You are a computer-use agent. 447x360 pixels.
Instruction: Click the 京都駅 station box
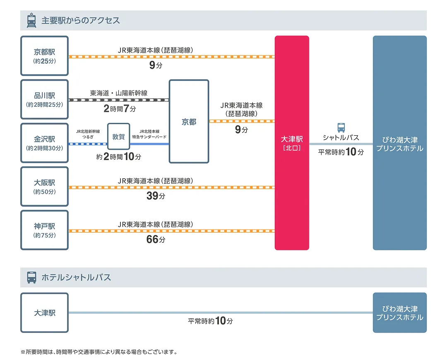pos(44,56)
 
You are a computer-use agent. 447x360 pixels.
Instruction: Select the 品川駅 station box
pos(44,99)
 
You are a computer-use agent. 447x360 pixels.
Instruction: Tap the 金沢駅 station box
pos(44,143)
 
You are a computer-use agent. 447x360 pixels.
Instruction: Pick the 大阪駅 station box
pos(44,187)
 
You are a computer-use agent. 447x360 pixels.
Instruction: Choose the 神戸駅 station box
pos(44,230)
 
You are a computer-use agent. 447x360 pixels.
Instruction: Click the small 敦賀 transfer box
pos(119,137)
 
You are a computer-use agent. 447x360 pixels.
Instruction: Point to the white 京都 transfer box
pos(189,122)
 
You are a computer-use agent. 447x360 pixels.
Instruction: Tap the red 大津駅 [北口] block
pos(292,143)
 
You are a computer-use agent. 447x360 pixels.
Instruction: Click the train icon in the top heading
pos(31,21)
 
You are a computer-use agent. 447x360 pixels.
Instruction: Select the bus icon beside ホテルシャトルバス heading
pos(31,277)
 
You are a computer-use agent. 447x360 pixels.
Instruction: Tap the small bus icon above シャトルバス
pos(341,127)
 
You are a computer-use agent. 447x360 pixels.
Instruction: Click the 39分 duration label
pos(156,196)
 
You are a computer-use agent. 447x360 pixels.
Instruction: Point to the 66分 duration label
pos(156,240)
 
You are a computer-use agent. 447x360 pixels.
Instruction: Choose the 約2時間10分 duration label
pos(119,157)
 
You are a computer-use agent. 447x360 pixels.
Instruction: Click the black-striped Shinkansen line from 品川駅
pos(119,100)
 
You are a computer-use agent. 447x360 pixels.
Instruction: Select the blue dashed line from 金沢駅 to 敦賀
pos(88,144)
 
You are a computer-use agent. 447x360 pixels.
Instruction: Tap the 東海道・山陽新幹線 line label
pos(119,93)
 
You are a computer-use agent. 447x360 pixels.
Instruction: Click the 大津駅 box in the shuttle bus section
pos(44,313)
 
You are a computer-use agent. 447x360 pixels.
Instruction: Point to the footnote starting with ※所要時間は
pos(99,352)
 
